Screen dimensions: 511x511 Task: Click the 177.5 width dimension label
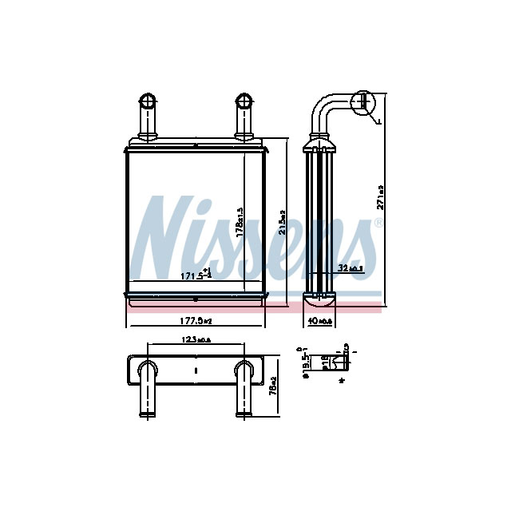point(195,321)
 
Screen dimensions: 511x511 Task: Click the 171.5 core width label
point(195,275)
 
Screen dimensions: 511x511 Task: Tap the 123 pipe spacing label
point(196,342)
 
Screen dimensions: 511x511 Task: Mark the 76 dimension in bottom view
point(273,386)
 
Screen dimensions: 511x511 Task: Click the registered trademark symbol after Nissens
point(378,224)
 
